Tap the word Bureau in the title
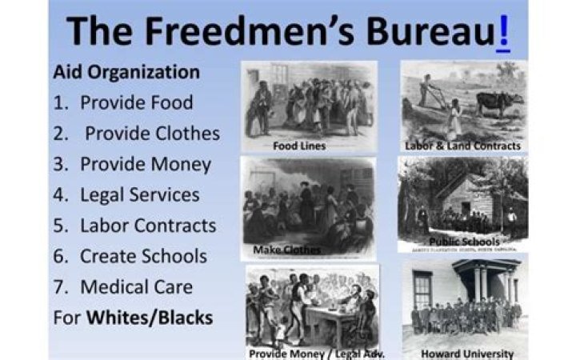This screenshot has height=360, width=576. (x=432, y=31)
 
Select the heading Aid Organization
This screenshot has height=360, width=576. (x=126, y=72)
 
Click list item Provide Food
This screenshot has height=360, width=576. (x=136, y=103)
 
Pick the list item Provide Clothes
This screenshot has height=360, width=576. (x=152, y=134)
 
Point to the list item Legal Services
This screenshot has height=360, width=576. (x=139, y=194)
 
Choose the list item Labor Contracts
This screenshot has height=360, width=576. (x=147, y=226)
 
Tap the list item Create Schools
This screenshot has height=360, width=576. (x=143, y=256)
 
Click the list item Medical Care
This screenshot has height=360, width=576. (x=136, y=286)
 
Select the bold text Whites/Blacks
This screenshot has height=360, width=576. (x=150, y=318)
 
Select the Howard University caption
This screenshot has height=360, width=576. (x=463, y=352)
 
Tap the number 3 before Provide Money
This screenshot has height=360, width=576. (x=58, y=165)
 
